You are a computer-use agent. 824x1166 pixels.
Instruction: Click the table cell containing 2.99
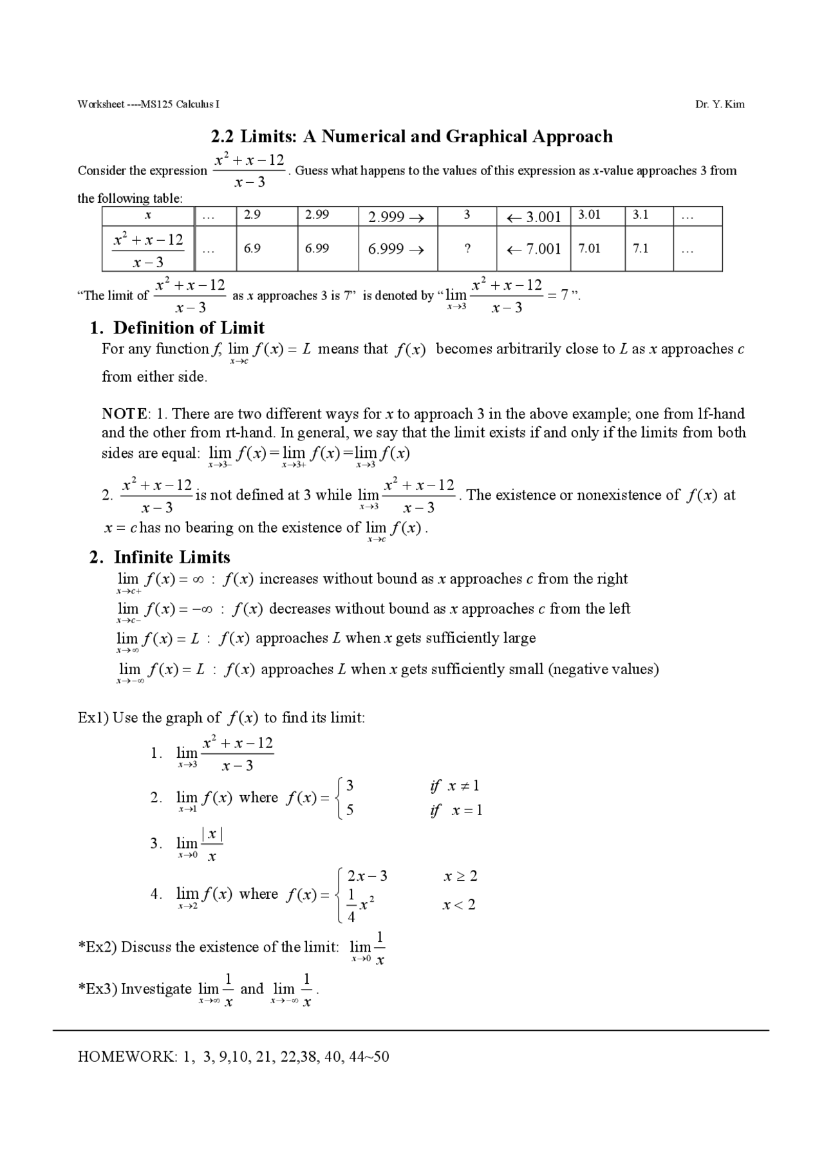pos(327,216)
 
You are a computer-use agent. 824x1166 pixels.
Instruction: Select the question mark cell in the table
pos(467,249)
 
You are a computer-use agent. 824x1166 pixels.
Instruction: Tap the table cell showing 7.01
pos(597,249)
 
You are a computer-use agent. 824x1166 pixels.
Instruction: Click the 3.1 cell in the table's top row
pos(648,216)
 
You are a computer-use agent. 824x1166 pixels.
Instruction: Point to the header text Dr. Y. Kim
pos(720,104)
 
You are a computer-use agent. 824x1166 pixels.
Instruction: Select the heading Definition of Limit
pos(189,328)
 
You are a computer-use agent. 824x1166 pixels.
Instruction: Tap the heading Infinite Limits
pos(171,557)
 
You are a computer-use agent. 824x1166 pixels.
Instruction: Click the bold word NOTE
pos(125,413)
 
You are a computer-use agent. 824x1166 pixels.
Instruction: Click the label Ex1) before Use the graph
pos(93,717)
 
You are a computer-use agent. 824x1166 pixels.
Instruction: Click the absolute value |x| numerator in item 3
pos(212,834)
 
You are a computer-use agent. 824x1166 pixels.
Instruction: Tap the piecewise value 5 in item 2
pos(350,810)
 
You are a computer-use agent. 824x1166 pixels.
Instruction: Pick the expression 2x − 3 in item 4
pos(367,876)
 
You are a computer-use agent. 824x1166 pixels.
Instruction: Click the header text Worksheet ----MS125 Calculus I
pos(148,104)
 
